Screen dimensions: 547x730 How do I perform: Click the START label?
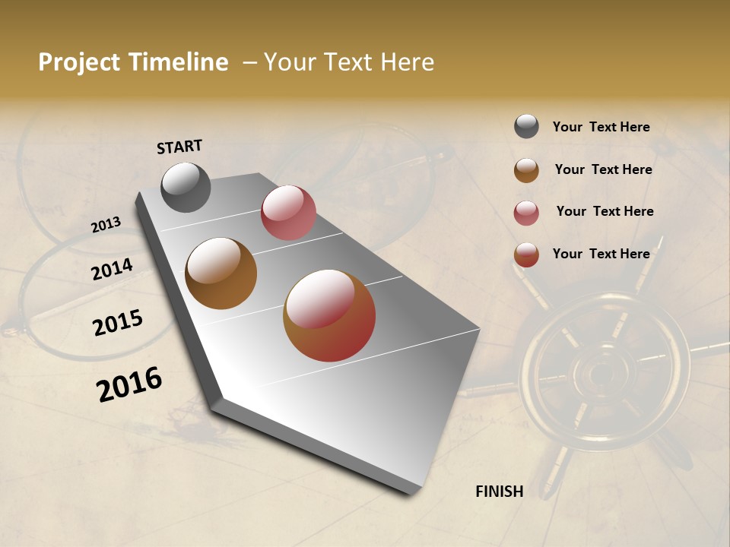(179, 146)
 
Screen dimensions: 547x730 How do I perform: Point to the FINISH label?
(499, 492)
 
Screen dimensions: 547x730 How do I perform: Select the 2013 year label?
(106, 225)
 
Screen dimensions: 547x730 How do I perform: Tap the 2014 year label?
(112, 270)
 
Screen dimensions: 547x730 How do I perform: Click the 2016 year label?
(129, 384)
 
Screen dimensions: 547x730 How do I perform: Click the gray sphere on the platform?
(186, 187)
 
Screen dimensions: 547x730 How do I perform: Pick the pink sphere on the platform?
(288, 213)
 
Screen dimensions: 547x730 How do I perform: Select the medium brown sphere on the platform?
(221, 273)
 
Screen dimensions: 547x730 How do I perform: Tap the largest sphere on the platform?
(329, 315)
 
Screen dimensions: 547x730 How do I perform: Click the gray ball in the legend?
(526, 127)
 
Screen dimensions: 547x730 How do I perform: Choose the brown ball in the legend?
(526, 170)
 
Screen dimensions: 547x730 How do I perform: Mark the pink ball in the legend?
(526, 213)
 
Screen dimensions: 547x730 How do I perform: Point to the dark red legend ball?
(526, 255)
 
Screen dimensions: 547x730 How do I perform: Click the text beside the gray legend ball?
(601, 128)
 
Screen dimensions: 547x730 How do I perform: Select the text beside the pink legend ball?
(605, 211)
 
